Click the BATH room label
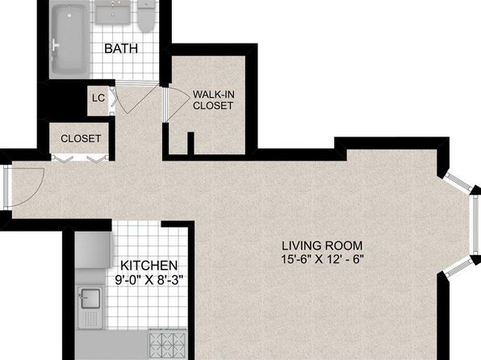[121, 48]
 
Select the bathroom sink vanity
[112, 12]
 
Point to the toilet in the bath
[146, 15]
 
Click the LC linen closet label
[98, 98]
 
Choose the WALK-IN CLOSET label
[214, 100]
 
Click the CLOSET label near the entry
[81, 138]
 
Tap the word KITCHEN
[148, 266]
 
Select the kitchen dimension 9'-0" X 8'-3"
[149, 280]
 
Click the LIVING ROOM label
[322, 245]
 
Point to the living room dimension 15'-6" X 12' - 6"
[322, 259]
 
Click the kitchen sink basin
[90, 298]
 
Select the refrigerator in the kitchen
[94, 250]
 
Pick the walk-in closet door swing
[178, 104]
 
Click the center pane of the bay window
[475, 227]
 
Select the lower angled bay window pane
[458, 267]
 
